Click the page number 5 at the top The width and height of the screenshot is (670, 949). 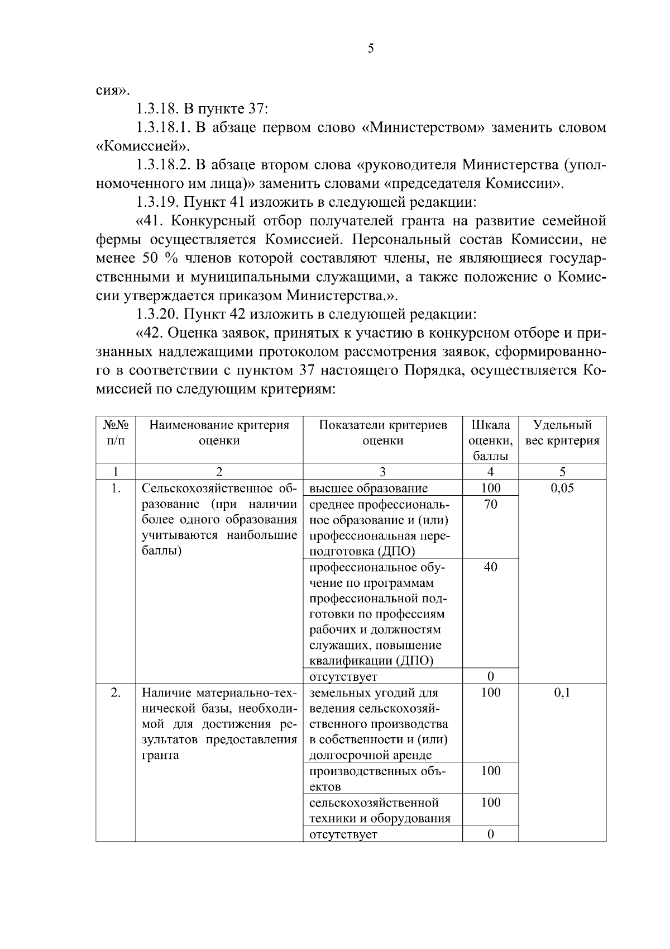click(x=371, y=49)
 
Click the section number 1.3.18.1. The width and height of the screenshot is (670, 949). click(x=164, y=127)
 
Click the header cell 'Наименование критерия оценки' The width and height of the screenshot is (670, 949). click(x=219, y=433)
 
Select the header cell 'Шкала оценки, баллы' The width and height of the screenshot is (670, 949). click(x=490, y=440)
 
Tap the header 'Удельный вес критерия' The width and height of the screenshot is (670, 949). click(x=562, y=433)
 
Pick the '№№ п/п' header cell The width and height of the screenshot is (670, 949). click(x=116, y=433)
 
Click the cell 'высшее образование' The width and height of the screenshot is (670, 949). click(x=368, y=488)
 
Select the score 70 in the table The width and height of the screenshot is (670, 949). click(x=490, y=504)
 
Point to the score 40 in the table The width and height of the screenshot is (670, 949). click(x=490, y=567)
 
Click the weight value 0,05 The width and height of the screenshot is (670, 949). click(x=562, y=488)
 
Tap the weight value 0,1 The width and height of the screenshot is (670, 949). click(x=562, y=692)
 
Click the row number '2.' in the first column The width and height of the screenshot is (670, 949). click(x=116, y=692)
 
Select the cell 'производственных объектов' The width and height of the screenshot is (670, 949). click(x=377, y=779)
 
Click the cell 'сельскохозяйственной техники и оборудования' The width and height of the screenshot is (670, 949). click(x=380, y=810)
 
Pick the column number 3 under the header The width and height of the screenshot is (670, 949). click(x=382, y=471)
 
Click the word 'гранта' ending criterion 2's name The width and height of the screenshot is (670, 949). click(x=160, y=756)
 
